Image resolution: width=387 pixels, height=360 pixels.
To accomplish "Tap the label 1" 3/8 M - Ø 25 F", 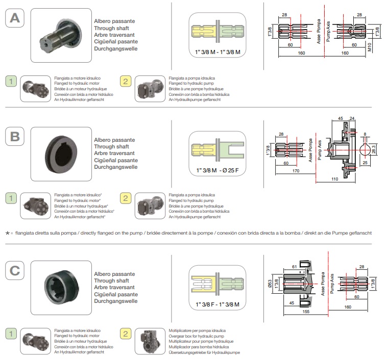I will click(x=217, y=169).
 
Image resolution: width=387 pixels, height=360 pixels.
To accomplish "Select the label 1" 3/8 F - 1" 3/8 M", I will click(x=217, y=304).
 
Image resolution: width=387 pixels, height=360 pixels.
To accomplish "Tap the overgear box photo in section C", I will click(x=150, y=342).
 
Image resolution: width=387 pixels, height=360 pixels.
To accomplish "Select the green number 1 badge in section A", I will click(x=11, y=81).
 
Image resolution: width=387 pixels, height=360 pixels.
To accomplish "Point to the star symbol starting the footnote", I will click(x=8, y=233).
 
